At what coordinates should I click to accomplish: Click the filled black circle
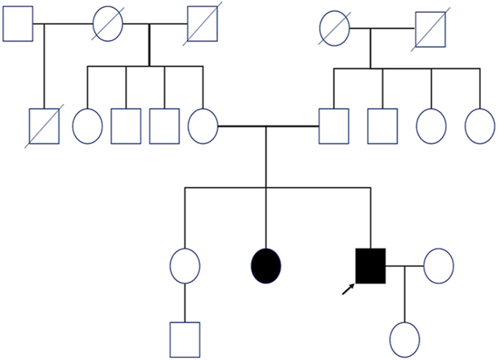pyautogui.click(x=266, y=266)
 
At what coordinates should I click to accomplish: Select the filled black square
pyautogui.click(x=371, y=266)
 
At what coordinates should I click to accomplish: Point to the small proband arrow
pyautogui.click(x=348, y=288)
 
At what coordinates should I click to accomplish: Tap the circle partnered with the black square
pyautogui.click(x=438, y=266)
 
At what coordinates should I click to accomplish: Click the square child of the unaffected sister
pyautogui.click(x=185, y=339)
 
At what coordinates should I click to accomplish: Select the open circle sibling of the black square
pyautogui.click(x=185, y=266)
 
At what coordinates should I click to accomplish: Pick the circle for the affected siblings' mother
pyautogui.click(x=203, y=125)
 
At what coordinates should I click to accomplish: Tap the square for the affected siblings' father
pyautogui.click(x=334, y=125)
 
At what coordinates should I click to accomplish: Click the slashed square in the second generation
pyautogui.click(x=44, y=125)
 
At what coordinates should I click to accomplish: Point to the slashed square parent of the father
pyautogui.click(x=432, y=29)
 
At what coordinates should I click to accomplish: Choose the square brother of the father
pyautogui.click(x=382, y=125)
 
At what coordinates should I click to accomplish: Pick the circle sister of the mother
pyautogui.click(x=87, y=125)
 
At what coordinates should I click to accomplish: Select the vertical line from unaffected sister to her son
pyautogui.click(x=185, y=301)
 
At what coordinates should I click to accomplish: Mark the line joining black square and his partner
pyautogui.click(x=405, y=266)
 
